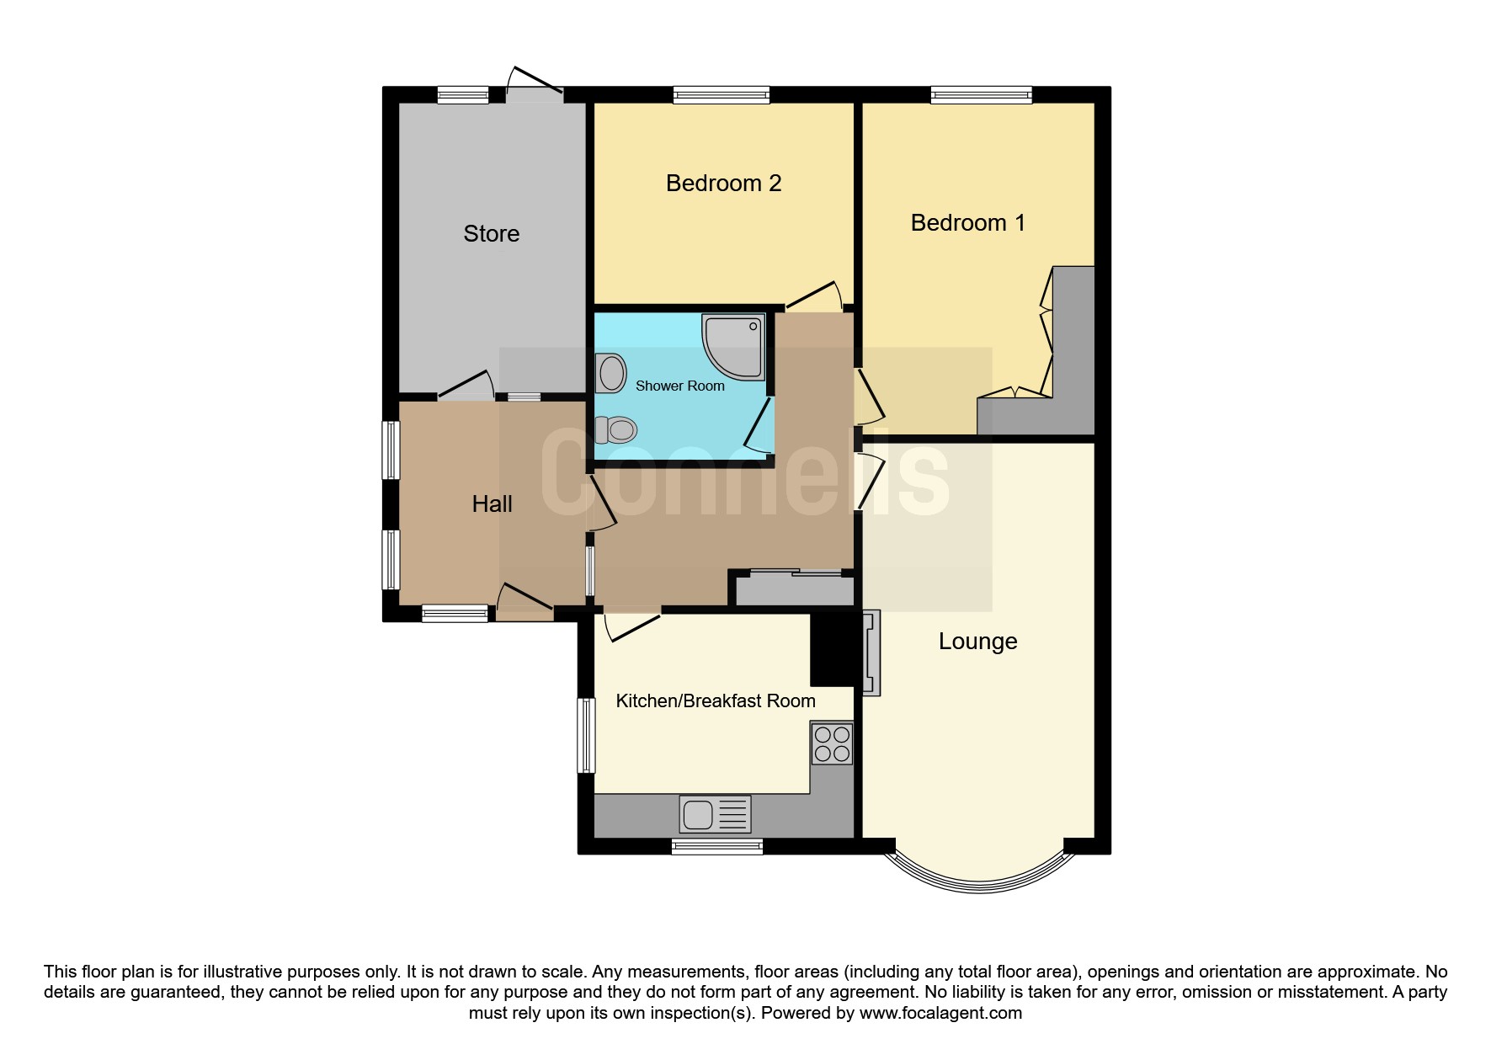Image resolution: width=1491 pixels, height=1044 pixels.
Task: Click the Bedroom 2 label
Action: click(723, 183)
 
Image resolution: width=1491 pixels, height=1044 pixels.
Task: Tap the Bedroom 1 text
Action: click(967, 222)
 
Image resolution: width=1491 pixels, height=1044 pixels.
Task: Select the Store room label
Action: click(491, 233)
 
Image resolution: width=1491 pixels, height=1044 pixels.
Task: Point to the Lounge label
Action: click(977, 642)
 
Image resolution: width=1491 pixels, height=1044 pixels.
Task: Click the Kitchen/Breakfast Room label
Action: click(715, 700)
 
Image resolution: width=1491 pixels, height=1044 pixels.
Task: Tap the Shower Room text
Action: click(679, 386)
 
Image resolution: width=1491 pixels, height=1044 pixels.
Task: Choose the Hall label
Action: click(492, 503)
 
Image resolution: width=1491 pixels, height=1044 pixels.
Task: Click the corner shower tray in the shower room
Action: click(732, 346)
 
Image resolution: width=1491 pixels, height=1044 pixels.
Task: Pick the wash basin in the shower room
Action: click(610, 373)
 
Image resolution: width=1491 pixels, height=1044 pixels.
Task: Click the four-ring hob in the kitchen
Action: click(832, 743)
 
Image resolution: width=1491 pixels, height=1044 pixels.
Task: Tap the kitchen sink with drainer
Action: click(715, 814)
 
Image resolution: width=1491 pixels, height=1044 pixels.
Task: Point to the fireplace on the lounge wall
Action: click(871, 652)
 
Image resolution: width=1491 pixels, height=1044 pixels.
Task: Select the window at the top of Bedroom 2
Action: click(722, 95)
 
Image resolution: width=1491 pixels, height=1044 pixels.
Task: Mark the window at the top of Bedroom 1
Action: click(981, 95)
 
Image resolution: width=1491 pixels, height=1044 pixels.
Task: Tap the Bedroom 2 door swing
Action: click(816, 296)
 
